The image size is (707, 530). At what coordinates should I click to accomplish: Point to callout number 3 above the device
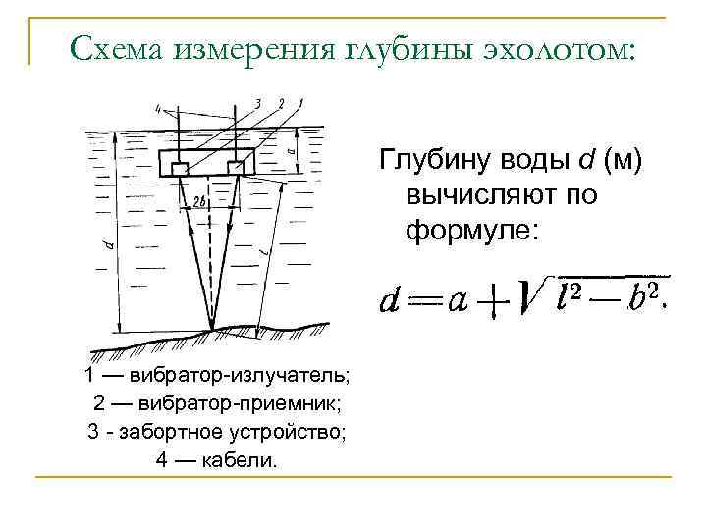click(x=257, y=103)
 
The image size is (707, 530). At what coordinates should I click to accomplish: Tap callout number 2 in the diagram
click(x=280, y=103)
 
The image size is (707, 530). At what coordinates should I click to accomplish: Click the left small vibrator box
click(x=180, y=168)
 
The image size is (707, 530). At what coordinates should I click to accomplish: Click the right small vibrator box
click(x=235, y=168)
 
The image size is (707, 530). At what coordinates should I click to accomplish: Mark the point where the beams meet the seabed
click(x=212, y=330)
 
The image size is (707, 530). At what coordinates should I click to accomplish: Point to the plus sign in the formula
click(x=489, y=302)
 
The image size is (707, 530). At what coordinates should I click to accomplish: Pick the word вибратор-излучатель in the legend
click(x=245, y=376)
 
